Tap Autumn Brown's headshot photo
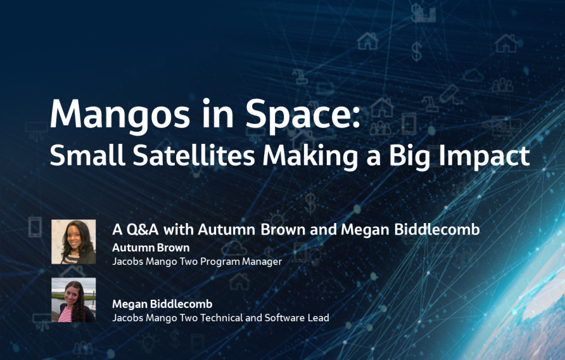pyautogui.click(x=73, y=241)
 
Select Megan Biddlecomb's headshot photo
pyautogui.click(x=73, y=300)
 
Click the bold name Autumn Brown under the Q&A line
pyautogui.click(x=151, y=247)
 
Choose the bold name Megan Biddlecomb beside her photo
pyautogui.click(x=162, y=304)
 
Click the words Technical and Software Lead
pyautogui.click(x=267, y=318)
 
